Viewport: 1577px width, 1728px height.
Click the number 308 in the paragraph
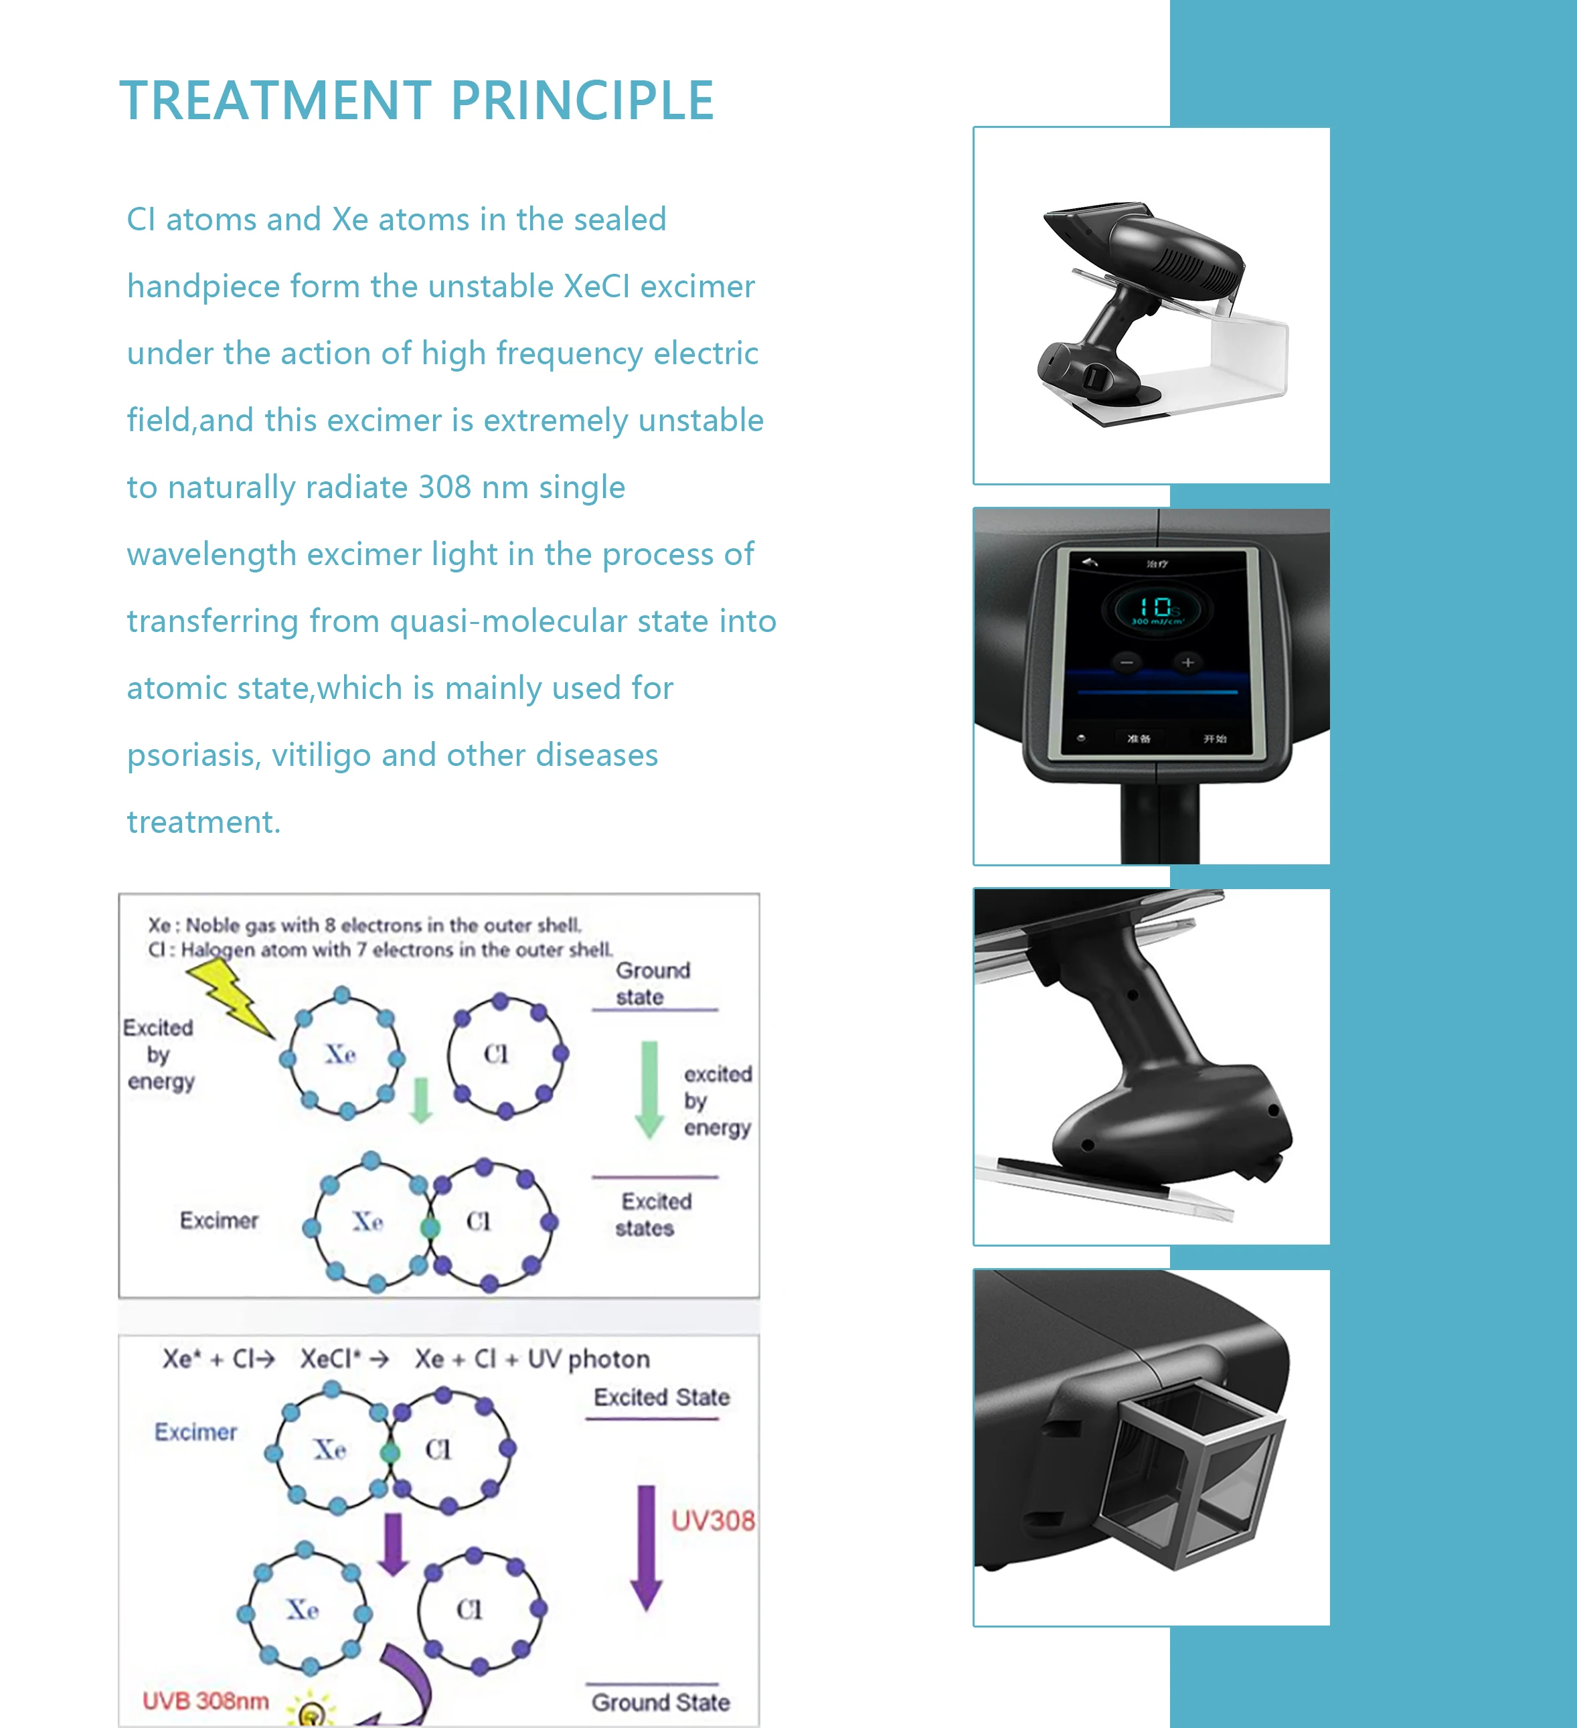pos(444,487)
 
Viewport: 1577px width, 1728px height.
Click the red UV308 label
pos(712,1520)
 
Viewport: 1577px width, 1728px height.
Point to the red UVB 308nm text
pos(205,1701)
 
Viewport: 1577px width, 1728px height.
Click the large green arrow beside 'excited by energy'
pos(650,1089)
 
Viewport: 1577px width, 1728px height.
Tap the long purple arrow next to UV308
pos(646,1547)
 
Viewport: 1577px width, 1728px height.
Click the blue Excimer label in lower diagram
pos(195,1432)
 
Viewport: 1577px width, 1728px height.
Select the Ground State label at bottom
pos(660,1703)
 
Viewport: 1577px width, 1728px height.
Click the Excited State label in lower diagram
pos(661,1397)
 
